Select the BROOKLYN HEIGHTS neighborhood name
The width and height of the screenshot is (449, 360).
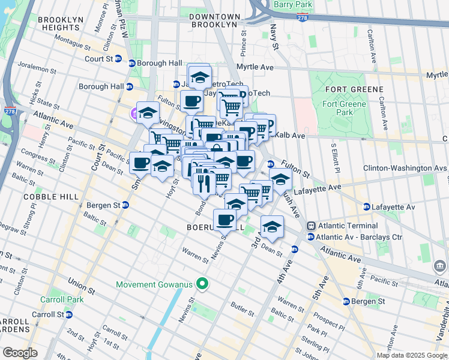(x=60, y=24)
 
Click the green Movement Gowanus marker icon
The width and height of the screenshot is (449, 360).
(x=203, y=284)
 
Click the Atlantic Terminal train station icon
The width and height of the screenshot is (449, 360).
(x=311, y=226)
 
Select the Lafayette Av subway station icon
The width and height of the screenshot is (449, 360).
(x=366, y=207)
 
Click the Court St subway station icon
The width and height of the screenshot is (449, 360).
(x=118, y=59)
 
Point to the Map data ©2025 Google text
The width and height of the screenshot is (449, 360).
(x=411, y=355)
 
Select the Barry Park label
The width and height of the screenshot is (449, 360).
(x=292, y=5)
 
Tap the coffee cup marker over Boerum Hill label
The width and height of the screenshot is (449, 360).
(x=225, y=220)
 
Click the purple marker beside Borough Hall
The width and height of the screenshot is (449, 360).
(x=134, y=113)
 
